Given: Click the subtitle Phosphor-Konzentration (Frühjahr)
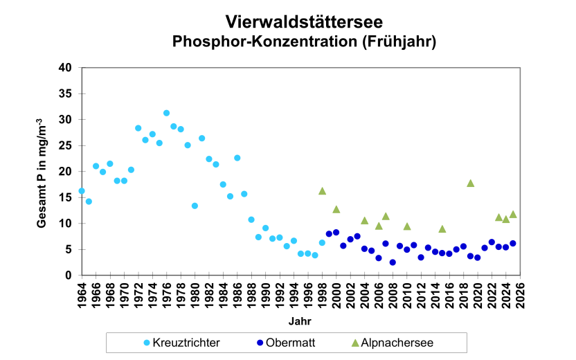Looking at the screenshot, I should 303,42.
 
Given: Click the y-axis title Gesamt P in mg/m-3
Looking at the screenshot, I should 42,172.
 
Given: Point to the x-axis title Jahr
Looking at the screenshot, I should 300,322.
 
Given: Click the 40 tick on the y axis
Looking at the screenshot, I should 66,68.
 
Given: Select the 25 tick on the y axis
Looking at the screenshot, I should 66,145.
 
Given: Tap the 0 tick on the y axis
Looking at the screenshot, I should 69,276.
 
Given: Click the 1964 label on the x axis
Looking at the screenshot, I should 82,294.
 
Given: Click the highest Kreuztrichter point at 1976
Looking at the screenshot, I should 166,113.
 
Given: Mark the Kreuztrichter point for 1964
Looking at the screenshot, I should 82,191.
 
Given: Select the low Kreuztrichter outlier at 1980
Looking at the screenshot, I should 195,206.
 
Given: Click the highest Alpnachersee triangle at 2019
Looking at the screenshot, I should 470,183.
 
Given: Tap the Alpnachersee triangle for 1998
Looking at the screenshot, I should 322,191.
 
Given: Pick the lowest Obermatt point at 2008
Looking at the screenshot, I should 393,262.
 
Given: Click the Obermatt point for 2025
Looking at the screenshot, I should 512,243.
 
